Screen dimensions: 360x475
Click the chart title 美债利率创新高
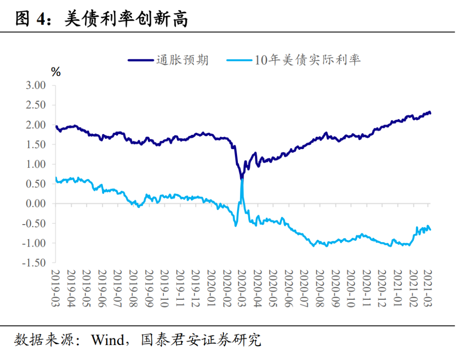coord(126,19)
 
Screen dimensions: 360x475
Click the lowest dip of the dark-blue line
coord(241,178)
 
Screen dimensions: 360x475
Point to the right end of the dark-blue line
coord(430,113)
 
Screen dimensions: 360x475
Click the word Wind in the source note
coord(107,340)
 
